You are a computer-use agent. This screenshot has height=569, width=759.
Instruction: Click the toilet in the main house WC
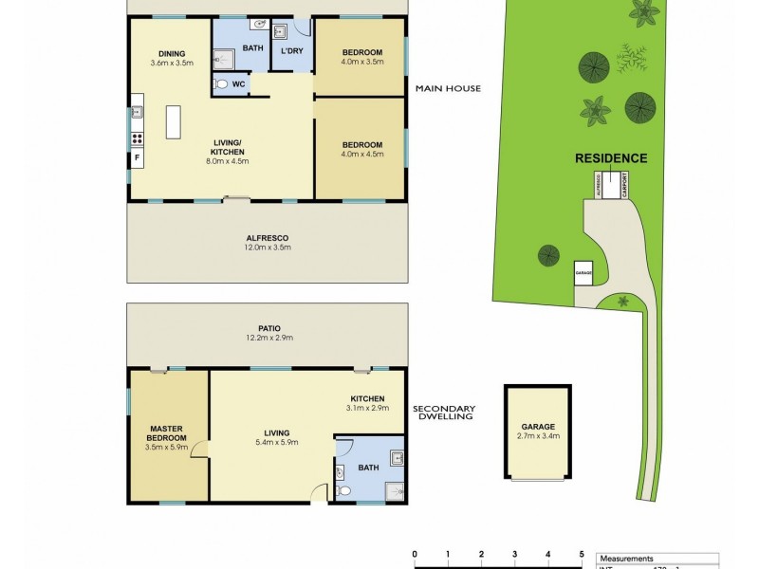[222, 84]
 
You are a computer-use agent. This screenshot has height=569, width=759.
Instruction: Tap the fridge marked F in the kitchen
[137, 156]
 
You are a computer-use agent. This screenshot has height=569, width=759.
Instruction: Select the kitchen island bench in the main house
[175, 121]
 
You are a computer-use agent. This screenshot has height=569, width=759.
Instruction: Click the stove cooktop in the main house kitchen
[137, 138]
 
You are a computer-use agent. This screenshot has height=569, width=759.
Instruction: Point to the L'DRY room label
[291, 49]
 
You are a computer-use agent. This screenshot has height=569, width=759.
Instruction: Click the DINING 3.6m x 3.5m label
[172, 59]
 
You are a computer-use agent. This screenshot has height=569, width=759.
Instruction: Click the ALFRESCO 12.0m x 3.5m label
[267, 243]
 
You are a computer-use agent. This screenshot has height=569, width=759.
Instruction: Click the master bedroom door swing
[198, 449]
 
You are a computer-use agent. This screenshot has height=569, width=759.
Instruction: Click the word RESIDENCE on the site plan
[611, 158]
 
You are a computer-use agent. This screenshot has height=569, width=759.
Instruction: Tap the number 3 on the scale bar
[514, 555]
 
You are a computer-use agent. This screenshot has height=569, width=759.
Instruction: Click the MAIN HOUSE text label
[448, 89]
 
